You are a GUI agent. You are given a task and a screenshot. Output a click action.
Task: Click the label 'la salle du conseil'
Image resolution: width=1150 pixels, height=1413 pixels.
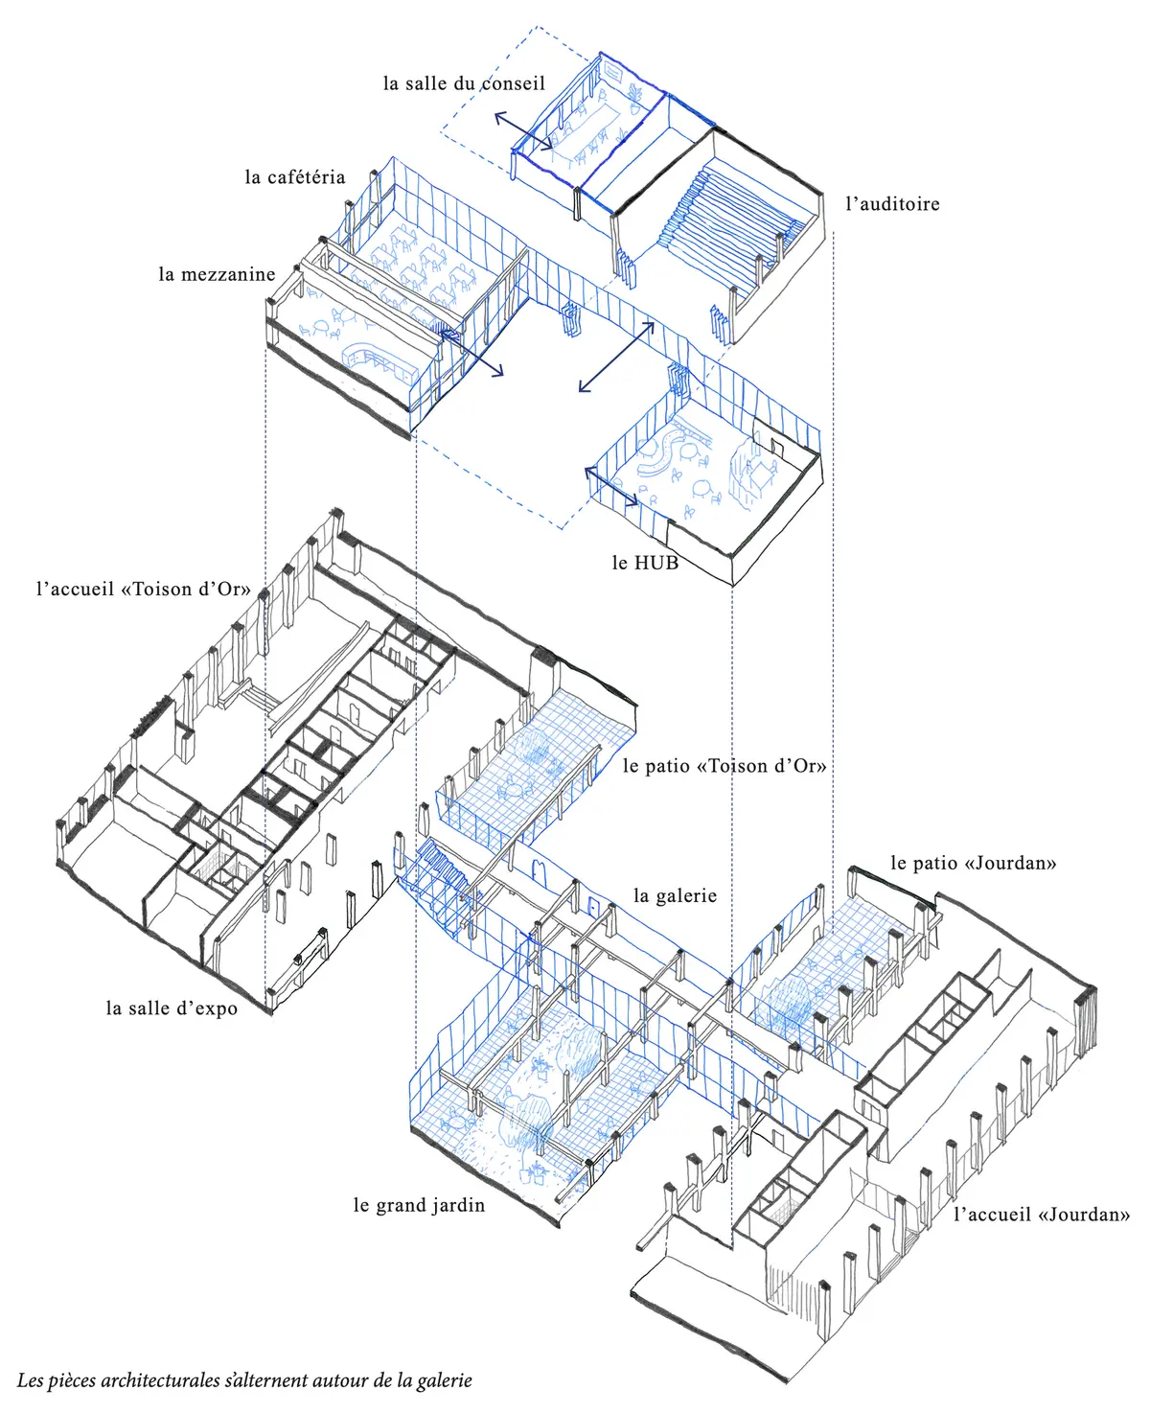pyautogui.click(x=464, y=84)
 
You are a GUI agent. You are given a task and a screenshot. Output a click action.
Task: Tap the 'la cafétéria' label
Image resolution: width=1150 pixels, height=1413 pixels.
pyautogui.click(x=294, y=177)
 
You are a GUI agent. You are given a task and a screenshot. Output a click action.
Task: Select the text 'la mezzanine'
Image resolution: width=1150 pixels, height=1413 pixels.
pyautogui.click(x=217, y=275)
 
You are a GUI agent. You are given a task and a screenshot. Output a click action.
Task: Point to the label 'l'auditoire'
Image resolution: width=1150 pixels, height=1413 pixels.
pyautogui.click(x=892, y=204)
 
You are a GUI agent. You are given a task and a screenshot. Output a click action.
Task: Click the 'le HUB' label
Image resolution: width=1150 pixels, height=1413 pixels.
pyautogui.click(x=645, y=564)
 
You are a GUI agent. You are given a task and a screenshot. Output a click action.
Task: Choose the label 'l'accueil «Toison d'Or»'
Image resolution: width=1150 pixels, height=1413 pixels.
pyautogui.click(x=143, y=590)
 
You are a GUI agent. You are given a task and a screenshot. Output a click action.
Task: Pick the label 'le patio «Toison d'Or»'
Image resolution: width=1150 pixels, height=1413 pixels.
pyautogui.click(x=724, y=766)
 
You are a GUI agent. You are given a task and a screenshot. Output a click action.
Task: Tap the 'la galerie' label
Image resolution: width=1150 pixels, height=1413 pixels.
pyautogui.click(x=675, y=896)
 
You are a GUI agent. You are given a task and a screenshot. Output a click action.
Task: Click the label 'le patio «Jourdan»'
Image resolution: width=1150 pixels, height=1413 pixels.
pyautogui.click(x=973, y=864)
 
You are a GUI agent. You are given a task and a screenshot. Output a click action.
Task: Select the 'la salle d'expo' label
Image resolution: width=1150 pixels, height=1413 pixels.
pyautogui.click(x=172, y=1008)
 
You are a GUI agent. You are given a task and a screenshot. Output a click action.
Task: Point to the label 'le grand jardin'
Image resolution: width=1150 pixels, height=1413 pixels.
pyautogui.click(x=419, y=1206)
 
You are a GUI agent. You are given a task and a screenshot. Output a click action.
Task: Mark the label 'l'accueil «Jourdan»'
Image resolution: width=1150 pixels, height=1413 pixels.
pyautogui.click(x=1042, y=1216)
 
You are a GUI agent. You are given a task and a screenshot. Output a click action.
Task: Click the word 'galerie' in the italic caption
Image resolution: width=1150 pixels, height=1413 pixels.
pyautogui.click(x=444, y=1381)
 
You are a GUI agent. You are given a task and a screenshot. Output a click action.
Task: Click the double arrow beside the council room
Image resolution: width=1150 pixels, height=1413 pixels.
pyautogui.click(x=523, y=131)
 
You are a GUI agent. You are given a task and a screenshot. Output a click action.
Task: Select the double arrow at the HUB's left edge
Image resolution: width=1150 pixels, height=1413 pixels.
pyautogui.click(x=611, y=486)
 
